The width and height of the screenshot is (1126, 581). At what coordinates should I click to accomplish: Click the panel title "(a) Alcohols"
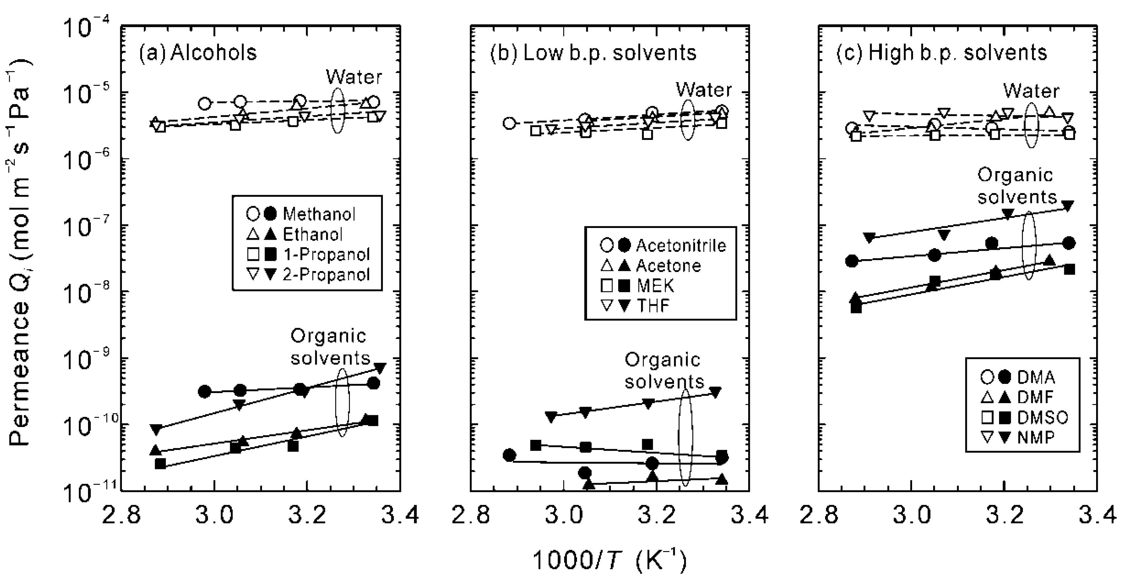tap(197, 53)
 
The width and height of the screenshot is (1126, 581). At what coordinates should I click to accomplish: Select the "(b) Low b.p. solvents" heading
tap(593, 53)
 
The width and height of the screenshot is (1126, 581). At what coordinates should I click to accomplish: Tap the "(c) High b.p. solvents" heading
tap(942, 53)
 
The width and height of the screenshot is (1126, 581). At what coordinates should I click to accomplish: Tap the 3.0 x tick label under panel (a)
tap(214, 515)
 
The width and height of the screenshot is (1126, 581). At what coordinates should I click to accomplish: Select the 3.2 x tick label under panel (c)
tap(1004, 515)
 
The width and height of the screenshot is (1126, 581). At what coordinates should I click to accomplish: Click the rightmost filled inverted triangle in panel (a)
tap(380, 368)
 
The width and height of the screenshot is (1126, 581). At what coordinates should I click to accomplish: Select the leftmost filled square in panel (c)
tap(856, 308)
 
